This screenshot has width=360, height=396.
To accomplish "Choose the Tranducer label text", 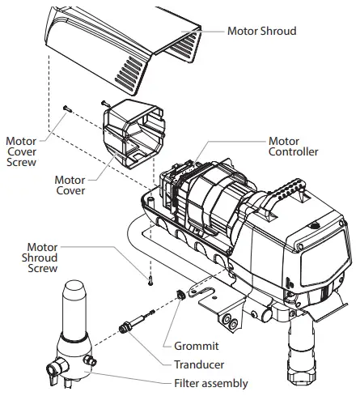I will [200, 364].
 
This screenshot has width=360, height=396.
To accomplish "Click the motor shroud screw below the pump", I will [150, 280].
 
